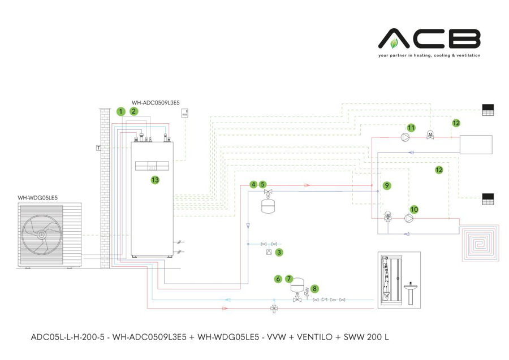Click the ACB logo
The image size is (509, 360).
coord(429,39)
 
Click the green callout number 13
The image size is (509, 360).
coord(154,180)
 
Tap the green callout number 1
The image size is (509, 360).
coord(120,111)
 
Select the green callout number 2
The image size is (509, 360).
coord(133,111)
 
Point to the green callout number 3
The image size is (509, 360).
coord(279,253)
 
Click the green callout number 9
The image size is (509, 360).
coord(386,185)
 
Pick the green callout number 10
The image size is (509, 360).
coord(414,209)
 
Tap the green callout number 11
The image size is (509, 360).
coord(411,128)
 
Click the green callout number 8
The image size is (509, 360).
coord(314,288)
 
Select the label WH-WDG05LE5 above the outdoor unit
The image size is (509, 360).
coord(38,198)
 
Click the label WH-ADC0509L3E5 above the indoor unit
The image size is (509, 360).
coord(156,103)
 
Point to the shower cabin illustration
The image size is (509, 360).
coord(390,279)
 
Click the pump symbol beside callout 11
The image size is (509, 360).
coord(404,136)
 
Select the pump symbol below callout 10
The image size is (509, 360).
coord(409,217)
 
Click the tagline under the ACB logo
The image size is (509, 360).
coord(429,56)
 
